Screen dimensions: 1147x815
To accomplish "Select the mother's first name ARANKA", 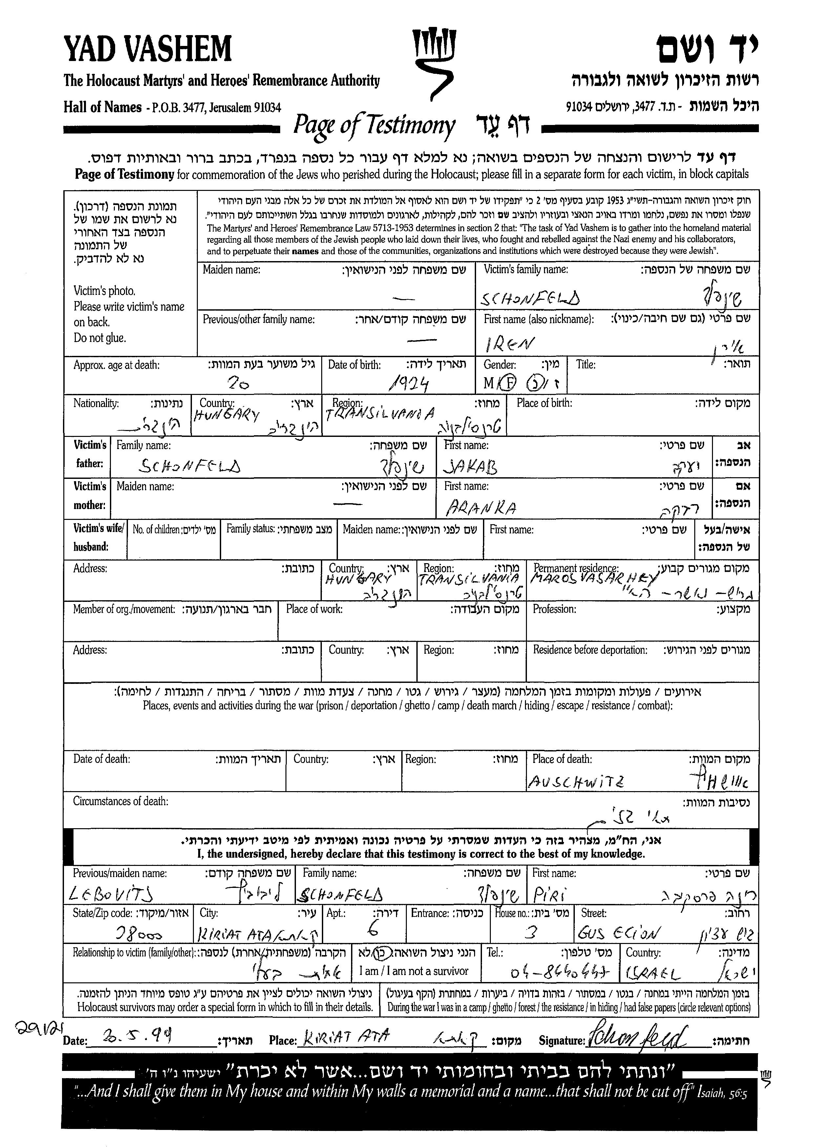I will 480,508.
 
